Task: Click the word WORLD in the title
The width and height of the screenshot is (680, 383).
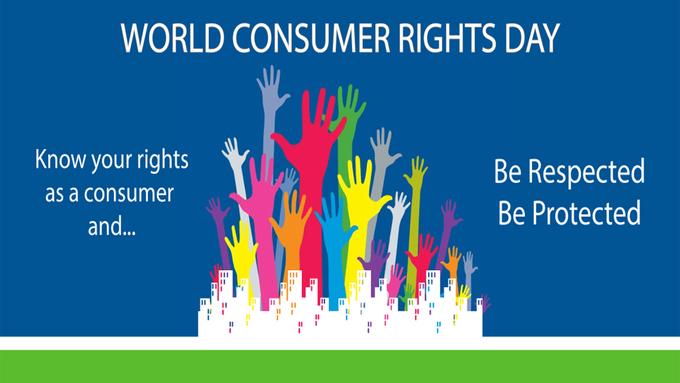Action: (x=173, y=38)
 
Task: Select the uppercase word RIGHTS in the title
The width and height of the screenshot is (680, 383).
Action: (x=447, y=38)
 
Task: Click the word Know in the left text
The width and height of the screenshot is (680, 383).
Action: (x=61, y=159)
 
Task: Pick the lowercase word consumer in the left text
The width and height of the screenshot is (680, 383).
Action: (x=129, y=194)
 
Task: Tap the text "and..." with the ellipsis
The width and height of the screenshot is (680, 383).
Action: (x=112, y=226)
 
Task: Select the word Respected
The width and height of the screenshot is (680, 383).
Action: (x=586, y=172)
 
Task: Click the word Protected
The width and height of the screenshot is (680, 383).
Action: (x=586, y=213)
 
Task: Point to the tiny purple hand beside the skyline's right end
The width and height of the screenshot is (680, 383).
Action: (x=486, y=303)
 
